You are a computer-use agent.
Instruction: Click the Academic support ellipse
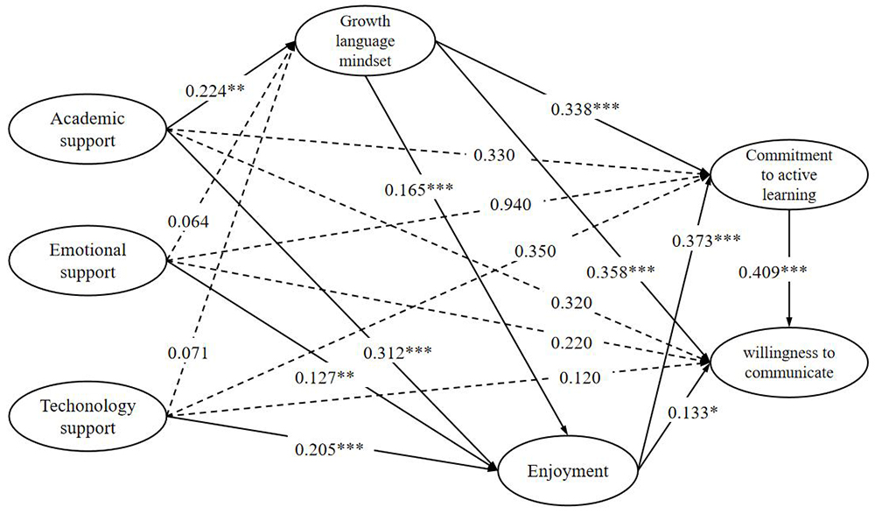point(87,129)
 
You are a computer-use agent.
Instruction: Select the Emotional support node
point(87,261)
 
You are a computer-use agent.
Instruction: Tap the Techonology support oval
point(87,417)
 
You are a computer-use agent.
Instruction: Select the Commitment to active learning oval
point(788,176)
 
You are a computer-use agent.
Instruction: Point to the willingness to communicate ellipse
point(788,362)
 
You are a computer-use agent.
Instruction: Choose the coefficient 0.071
point(189,353)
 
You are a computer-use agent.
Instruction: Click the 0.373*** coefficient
point(706,240)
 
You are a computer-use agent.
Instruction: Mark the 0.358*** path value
point(622,271)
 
